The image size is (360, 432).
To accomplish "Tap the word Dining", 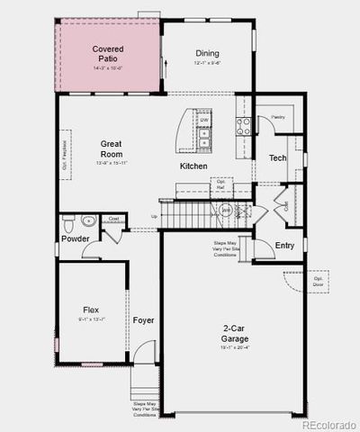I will (x=207, y=53).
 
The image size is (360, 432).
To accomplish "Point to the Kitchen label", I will (x=193, y=166).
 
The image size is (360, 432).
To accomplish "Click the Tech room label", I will (x=276, y=158).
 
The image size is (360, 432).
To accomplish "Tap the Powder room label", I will (x=76, y=238).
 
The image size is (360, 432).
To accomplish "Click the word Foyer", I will (x=143, y=320).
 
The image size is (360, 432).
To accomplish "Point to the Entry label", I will (x=284, y=245).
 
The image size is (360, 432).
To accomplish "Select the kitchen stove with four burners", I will (x=242, y=127).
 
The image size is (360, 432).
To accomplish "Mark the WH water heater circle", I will (x=227, y=210).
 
